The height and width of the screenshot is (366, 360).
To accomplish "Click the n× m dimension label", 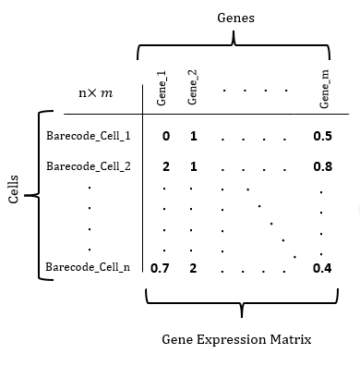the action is pyautogui.click(x=95, y=93).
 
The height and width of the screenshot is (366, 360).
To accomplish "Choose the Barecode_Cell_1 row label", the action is pyautogui.click(x=88, y=136).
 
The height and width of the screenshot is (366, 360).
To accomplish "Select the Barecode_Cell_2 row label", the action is pyautogui.click(x=88, y=166).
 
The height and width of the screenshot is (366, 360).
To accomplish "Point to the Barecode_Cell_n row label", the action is pyautogui.click(x=88, y=268).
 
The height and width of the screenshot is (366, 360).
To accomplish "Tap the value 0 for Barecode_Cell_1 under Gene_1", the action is pyautogui.click(x=166, y=136).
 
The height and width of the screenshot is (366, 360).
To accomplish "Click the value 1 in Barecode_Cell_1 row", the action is pyautogui.click(x=193, y=136).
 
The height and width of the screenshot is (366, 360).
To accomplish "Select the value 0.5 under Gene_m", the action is pyautogui.click(x=323, y=136).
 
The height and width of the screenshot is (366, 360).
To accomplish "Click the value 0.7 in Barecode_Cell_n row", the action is pyautogui.click(x=160, y=269).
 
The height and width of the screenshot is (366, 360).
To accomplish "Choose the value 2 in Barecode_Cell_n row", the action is pyautogui.click(x=193, y=269).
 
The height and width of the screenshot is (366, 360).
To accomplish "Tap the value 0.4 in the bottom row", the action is pyautogui.click(x=323, y=269).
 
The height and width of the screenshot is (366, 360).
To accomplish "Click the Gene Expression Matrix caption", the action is pyautogui.click(x=236, y=340).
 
